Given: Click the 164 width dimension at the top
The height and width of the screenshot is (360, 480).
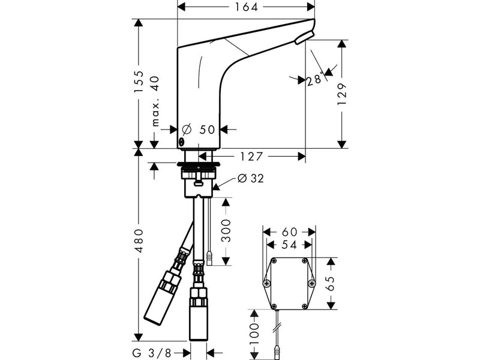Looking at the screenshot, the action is [246, 7].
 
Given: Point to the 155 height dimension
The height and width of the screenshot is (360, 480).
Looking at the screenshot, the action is [139, 82].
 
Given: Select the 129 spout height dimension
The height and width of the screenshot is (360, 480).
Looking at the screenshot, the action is [342, 94].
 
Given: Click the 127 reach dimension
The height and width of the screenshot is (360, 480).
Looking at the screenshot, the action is [251, 157].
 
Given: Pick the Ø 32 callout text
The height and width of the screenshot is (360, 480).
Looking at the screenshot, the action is [251, 178].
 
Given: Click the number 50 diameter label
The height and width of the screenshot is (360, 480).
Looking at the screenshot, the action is [207, 130].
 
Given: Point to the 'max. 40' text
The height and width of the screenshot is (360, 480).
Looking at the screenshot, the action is [155, 101].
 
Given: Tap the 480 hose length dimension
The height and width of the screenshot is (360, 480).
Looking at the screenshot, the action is [139, 241].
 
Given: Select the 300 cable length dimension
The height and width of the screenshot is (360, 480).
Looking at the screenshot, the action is [226, 230].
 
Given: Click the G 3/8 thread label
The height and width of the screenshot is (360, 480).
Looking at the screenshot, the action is [152, 353].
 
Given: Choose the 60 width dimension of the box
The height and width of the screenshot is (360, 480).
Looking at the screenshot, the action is [289, 232].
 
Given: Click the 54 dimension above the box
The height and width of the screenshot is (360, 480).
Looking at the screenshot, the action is [289, 245].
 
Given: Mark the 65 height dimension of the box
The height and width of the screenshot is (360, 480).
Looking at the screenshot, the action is [331, 283].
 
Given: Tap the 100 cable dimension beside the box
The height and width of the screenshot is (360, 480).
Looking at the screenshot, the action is [254, 334].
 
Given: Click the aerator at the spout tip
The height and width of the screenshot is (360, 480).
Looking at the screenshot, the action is [304, 38].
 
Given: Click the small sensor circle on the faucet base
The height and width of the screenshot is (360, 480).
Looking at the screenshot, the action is [181, 142].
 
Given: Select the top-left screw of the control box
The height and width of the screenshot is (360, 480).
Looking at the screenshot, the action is [274, 261].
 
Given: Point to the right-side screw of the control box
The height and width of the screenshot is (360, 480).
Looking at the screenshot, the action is [311, 283].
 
